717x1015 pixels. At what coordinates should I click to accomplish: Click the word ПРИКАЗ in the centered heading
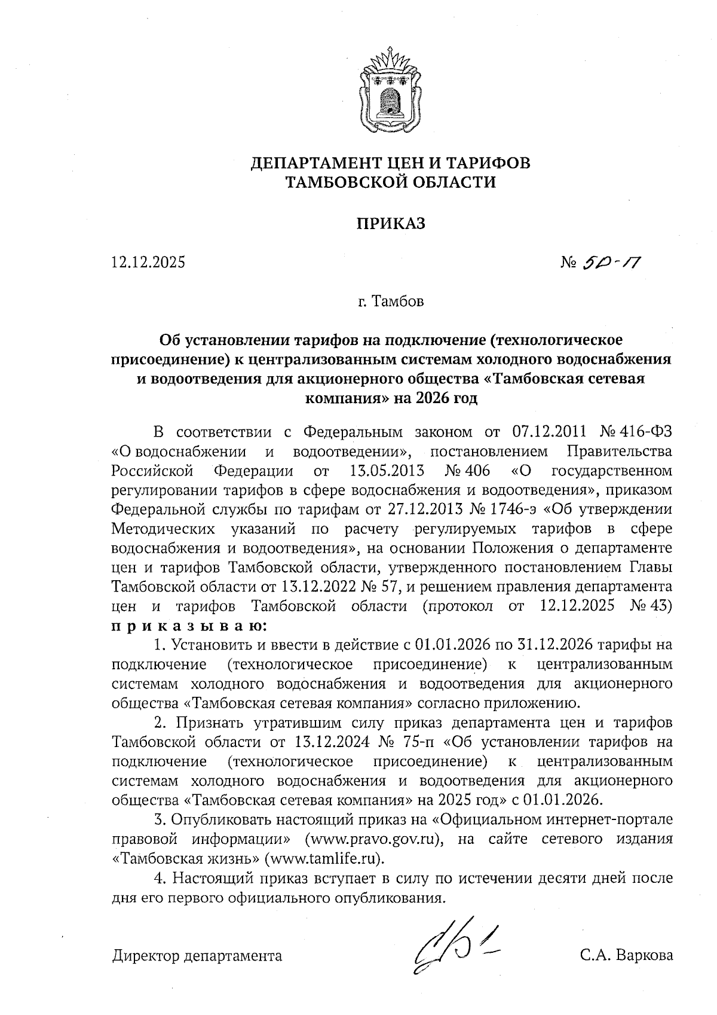[391, 223]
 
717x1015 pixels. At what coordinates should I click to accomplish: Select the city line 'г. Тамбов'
[391, 301]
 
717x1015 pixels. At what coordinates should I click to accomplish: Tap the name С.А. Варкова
[626, 955]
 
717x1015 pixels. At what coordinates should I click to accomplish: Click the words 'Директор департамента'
[197, 955]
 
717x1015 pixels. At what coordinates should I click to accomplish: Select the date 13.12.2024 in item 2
[330, 742]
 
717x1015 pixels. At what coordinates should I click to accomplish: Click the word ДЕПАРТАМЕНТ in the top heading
[323, 163]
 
